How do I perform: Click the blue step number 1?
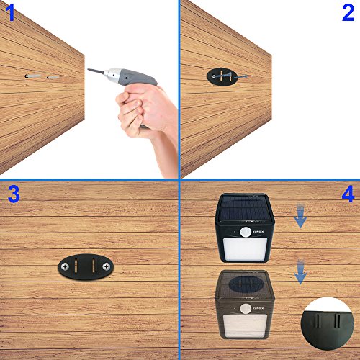(x=11, y=12)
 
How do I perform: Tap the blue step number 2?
(x=348, y=13)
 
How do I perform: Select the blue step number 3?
(x=14, y=194)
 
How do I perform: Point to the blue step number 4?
(x=348, y=194)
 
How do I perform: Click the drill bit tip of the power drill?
(x=88, y=70)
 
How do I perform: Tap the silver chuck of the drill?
(x=112, y=74)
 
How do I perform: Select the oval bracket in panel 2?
(x=222, y=76)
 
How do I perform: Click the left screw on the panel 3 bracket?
(x=65, y=266)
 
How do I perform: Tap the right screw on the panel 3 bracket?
(x=106, y=266)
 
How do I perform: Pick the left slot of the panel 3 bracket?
(x=76, y=266)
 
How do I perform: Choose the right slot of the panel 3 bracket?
(x=94, y=266)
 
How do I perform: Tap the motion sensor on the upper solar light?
(x=246, y=233)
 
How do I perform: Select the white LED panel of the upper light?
(x=246, y=249)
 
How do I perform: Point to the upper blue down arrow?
(x=300, y=216)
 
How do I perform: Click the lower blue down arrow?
(x=300, y=272)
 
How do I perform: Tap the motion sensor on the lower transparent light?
(x=246, y=309)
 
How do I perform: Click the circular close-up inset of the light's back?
(x=328, y=323)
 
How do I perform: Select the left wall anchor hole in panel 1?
(x=26, y=76)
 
